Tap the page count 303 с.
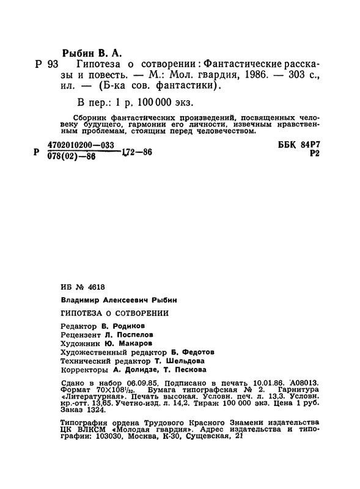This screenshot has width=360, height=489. [x=301, y=75]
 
